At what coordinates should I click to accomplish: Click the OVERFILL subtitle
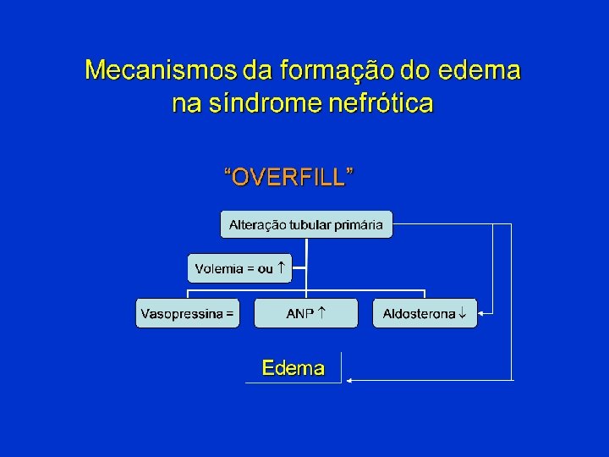tap(288, 177)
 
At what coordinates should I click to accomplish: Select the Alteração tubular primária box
tap(306, 224)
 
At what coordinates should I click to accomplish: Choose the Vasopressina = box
tap(188, 313)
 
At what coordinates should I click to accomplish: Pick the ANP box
tap(306, 313)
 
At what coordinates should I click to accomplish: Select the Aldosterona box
tap(425, 313)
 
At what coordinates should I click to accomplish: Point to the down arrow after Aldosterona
tap(462, 314)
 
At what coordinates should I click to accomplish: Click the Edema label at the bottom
tap(294, 368)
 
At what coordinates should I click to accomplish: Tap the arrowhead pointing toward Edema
tap(350, 380)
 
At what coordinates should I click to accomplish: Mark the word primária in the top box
tap(359, 224)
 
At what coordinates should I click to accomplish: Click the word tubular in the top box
tap(310, 224)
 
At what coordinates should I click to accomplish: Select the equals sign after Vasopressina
tap(230, 313)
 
